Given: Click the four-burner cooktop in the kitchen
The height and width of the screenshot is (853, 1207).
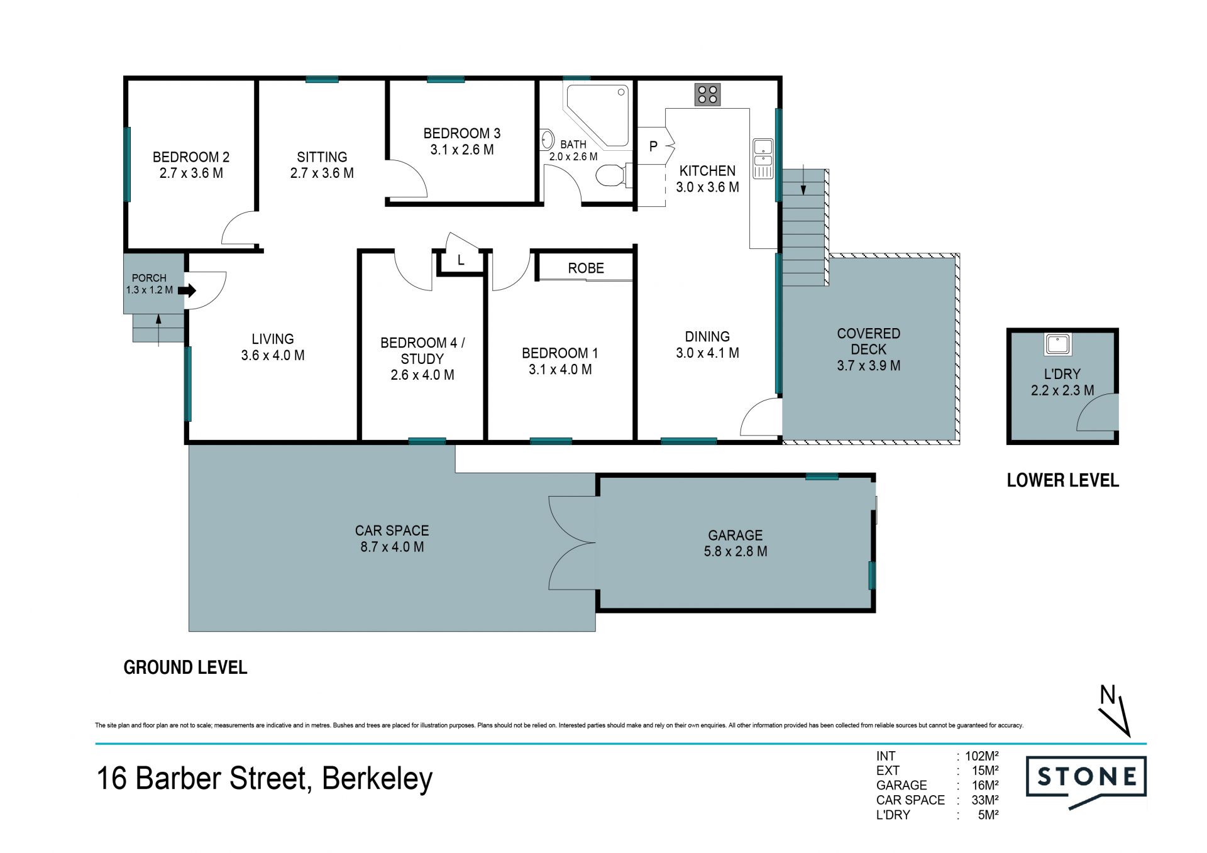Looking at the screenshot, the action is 707,95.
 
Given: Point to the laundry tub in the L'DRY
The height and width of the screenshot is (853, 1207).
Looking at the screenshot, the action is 1058,344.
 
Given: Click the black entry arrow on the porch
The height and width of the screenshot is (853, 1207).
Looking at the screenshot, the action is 187,290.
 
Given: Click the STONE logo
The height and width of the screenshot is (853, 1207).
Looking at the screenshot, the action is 1086,781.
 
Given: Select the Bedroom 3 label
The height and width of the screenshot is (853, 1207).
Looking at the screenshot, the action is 462,133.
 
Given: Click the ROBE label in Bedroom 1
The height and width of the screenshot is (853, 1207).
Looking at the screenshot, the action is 586,268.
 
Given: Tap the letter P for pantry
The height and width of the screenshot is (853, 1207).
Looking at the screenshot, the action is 653,146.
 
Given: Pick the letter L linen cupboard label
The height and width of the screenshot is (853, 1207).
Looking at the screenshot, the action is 461,260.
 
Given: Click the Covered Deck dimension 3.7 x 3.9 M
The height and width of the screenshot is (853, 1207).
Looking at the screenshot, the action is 869,366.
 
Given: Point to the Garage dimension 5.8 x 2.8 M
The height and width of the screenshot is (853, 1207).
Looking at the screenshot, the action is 736,551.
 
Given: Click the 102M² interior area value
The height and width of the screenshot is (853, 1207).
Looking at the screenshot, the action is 982,756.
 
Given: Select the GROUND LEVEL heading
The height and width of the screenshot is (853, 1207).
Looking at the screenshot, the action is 185,668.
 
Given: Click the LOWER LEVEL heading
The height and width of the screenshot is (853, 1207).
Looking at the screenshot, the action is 1063,481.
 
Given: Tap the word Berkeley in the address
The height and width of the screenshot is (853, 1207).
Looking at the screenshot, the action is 377,779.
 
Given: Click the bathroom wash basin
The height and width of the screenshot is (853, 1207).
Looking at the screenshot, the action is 547,140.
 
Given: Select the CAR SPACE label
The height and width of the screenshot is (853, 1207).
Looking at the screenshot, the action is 392,531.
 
